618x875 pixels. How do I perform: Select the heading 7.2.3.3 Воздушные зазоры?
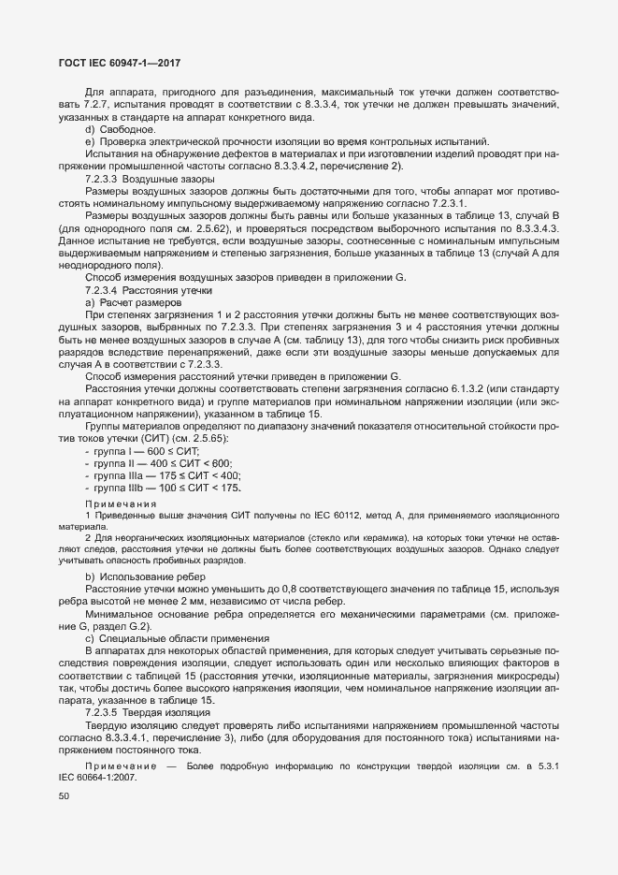150,178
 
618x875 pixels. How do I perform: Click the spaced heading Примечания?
122,503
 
